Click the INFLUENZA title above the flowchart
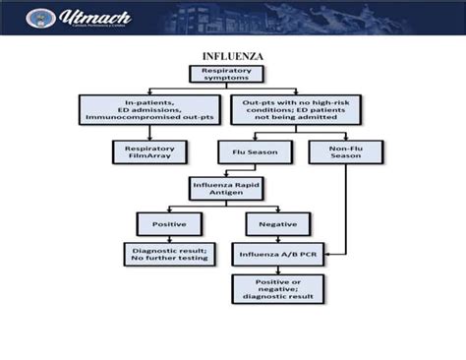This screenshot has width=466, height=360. click(232, 56)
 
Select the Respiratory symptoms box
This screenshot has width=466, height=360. click(232, 74)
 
